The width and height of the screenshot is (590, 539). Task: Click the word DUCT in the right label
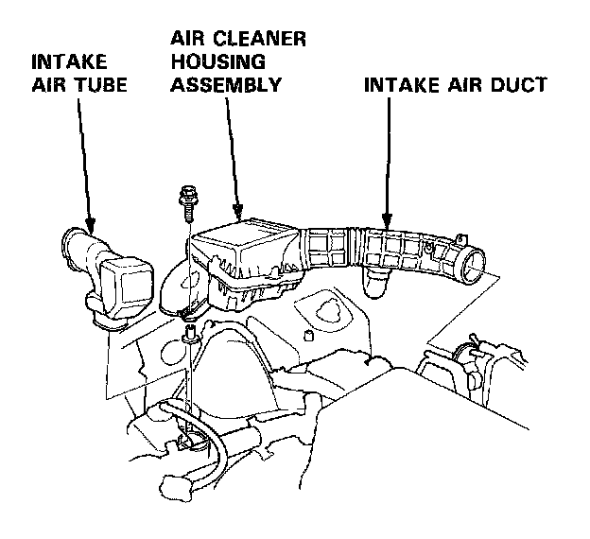click(518, 84)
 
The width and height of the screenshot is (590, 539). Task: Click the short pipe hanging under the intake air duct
click(375, 280)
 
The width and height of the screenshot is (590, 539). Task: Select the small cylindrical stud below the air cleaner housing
click(310, 335)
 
